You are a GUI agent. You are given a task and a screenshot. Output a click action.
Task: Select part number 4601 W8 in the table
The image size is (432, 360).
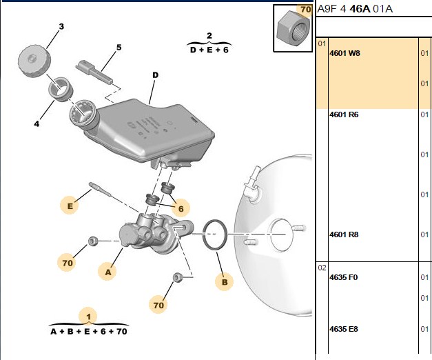[344, 53]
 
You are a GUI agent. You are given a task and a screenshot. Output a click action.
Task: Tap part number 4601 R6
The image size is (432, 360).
[344, 114]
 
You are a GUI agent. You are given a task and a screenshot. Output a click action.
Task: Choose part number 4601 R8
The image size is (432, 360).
[344, 234]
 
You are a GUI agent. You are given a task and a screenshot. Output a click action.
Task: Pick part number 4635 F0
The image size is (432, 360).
[344, 277]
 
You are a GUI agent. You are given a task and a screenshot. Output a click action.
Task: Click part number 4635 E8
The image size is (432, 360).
[344, 329]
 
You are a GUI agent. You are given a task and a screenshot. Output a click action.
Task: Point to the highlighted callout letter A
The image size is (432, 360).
[108, 272]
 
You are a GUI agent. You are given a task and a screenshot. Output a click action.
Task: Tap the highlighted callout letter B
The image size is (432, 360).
[225, 282]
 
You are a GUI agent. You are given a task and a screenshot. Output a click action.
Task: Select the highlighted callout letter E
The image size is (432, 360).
[70, 206]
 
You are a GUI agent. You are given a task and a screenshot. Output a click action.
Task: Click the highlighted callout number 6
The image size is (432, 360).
[181, 208]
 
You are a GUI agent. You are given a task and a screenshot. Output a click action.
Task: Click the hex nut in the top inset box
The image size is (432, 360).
[293, 28]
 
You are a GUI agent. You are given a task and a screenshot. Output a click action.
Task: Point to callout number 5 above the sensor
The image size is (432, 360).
[119, 48]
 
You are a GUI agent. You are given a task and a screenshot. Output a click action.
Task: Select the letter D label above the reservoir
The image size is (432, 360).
[156, 75]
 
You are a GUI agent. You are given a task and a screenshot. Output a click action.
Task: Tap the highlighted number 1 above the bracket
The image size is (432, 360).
[88, 317]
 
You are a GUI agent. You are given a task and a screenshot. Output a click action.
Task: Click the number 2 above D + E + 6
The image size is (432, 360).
[209, 36]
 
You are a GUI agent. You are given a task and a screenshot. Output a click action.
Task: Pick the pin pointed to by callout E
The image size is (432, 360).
[101, 189]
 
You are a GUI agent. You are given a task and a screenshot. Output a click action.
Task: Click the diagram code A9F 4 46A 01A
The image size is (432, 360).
[355, 9]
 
